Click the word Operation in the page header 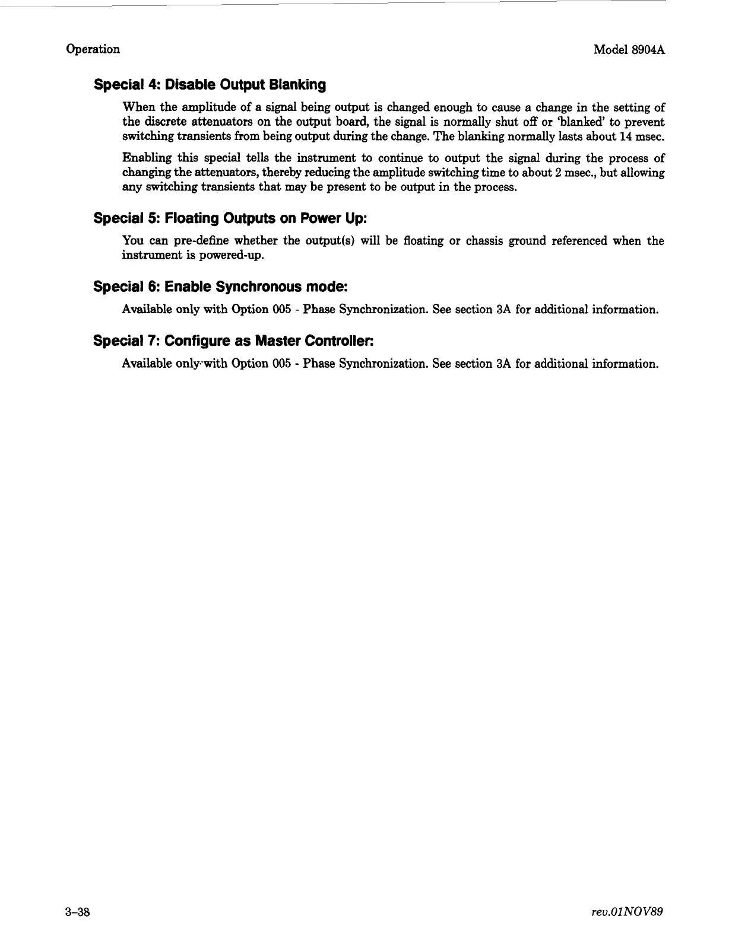93,49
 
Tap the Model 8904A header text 628,49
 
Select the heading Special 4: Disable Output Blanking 210,85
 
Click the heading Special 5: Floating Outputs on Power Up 230,218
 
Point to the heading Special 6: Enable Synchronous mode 220,287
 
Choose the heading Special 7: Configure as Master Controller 235,341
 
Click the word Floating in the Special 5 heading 192,218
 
